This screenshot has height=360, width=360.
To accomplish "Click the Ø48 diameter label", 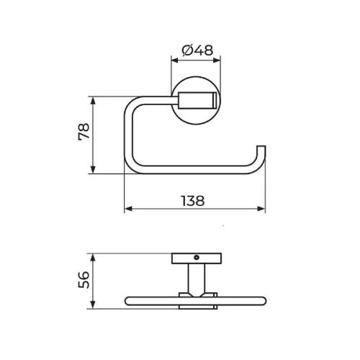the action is click(197, 50).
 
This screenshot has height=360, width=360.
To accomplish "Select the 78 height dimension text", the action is click(84, 131).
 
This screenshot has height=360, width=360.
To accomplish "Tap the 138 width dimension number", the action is click(193, 201).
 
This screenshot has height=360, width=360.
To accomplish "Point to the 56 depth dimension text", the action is click(84, 280).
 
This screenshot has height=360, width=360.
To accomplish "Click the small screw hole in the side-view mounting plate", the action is click(197, 258).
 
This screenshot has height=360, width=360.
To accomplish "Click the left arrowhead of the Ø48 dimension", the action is click(174, 60).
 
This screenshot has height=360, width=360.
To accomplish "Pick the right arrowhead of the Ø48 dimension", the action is click(217, 60).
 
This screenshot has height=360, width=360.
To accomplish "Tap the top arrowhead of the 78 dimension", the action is click(94, 100).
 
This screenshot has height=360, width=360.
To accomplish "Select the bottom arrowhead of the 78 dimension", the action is click(94, 170).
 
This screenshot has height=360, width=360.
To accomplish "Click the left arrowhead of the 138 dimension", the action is click(128, 209).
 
